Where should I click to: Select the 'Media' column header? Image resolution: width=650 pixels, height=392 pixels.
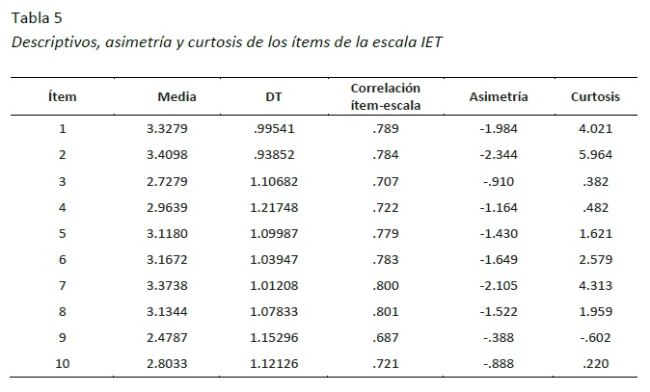point(177,97)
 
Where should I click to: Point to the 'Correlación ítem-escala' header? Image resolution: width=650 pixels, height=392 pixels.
point(386,96)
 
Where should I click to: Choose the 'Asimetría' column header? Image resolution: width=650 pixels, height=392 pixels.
point(498,97)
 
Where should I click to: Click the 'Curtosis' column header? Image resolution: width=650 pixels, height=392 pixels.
point(594,97)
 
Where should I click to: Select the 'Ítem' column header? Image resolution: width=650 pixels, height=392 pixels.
point(62,97)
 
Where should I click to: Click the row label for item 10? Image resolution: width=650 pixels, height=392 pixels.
point(62,362)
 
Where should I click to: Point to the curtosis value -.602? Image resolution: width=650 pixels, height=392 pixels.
point(595,336)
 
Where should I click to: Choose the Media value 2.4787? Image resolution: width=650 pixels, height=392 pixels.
point(178,336)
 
